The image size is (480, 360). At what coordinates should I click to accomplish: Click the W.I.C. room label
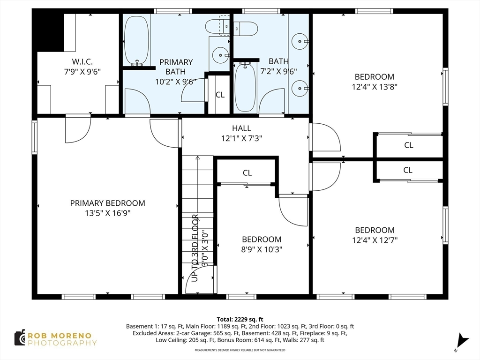tap(82, 61)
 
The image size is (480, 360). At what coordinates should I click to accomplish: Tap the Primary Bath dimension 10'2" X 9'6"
tap(175, 82)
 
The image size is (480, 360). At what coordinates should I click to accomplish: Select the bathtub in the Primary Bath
tap(137, 40)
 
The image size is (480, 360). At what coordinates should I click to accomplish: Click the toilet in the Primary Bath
tap(217, 27)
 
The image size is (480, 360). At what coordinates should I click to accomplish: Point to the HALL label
tap(241, 128)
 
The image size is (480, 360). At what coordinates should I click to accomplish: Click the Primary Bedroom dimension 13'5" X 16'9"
tap(108, 213)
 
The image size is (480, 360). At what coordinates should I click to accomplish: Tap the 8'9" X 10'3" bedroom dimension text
tap(262, 249)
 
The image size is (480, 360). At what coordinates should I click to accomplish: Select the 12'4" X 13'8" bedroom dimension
tap(375, 87)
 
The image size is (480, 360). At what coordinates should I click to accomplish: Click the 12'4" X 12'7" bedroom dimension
tap(375, 240)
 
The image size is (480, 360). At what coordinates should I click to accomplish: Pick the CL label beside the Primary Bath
tap(220, 95)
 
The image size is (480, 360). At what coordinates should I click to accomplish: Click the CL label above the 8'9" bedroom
tap(247, 173)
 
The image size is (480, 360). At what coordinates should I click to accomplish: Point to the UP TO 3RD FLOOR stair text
tap(195, 248)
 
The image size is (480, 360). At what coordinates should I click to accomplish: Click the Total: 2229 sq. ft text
tap(240, 320)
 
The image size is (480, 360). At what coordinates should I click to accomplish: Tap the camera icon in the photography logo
tap(20, 338)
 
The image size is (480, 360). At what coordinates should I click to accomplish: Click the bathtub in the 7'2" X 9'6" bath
tap(246, 87)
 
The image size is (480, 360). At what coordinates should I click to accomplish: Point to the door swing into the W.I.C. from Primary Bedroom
tap(78, 129)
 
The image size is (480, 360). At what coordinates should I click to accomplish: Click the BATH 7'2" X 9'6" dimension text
tap(278, 72)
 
